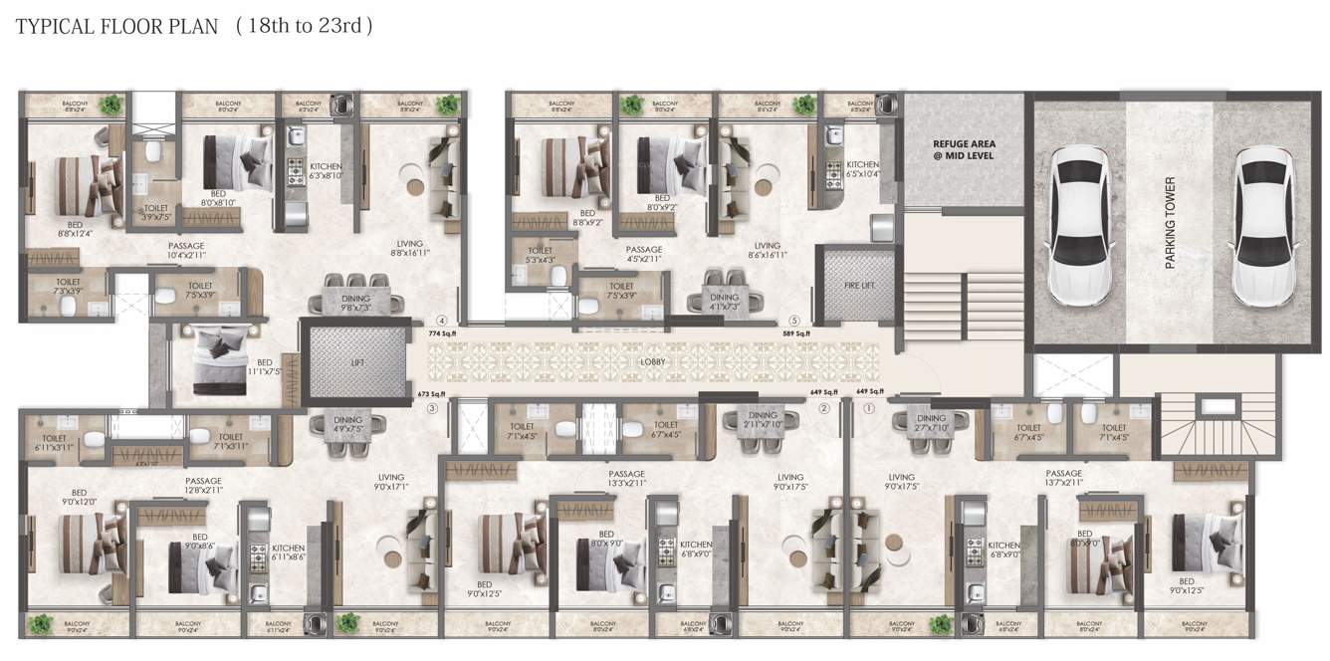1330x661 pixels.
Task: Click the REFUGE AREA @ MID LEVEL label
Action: pyautogui.click(x=963, y=149)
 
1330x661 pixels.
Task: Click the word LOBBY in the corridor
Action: pyautogui.click(x=653, y=362)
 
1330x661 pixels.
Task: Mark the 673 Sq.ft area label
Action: pyautogui.click(x=431, y=394)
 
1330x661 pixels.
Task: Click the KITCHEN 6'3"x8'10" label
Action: pyautogui.click(x=327, y=170)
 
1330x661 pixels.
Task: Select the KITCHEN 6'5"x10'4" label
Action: pyautogui.click(x=862, y=169)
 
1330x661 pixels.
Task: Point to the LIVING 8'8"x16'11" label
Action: pyautogui.click(x=409, y=248)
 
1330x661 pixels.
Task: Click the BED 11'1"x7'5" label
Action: pyautogui.click(x=264, y=367)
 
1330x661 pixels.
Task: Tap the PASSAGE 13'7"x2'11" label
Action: pyautogui.click(x=1063, y=478)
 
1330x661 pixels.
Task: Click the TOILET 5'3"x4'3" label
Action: pyautogui.click(x=540, y=256)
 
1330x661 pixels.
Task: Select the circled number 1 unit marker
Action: pyautogui.click(x=868, y=407)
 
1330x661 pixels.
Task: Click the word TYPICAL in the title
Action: pyautogui.click(x=52, y=27)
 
